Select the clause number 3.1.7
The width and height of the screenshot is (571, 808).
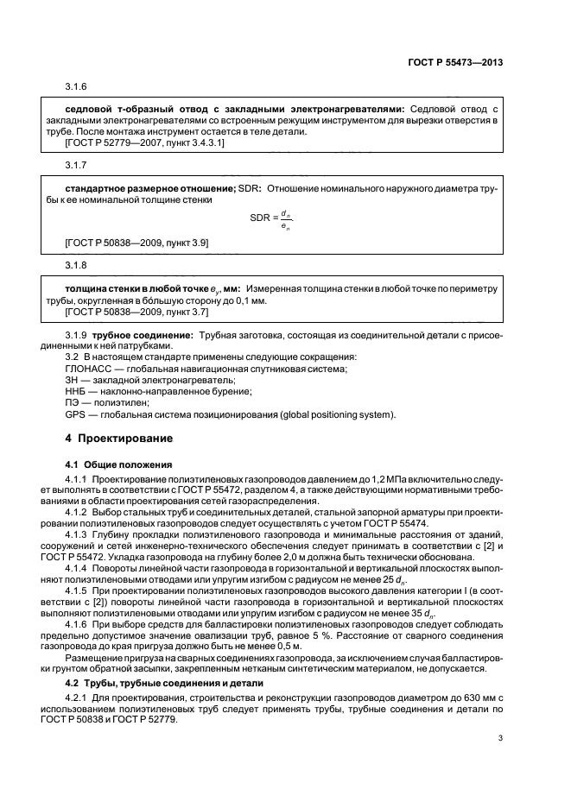77,164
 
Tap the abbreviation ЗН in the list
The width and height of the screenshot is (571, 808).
73,381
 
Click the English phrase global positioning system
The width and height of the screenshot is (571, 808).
337,414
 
